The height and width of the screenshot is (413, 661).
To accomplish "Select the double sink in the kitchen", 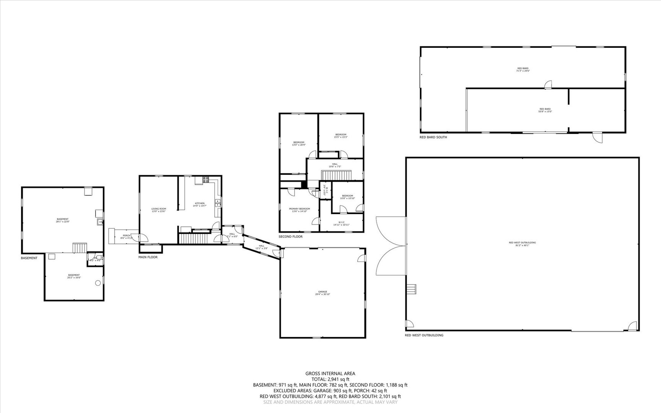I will point(218,203).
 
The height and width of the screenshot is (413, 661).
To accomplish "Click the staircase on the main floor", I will point(193,239).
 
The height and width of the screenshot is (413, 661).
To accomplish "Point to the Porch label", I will point(126,237).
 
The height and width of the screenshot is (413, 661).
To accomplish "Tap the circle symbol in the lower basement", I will point(97,283).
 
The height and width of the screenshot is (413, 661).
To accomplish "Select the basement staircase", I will point(80,247).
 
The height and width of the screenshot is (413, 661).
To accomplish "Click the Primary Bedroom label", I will point(299,210).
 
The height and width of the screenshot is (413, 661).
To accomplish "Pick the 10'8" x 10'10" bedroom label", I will point(347,197).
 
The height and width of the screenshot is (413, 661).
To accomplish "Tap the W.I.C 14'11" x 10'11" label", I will point(341,223).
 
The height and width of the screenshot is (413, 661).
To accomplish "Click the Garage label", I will point(322,293).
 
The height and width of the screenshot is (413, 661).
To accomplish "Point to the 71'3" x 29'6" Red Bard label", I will point(523,70).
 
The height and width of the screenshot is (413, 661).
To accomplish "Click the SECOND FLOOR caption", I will point(290,237).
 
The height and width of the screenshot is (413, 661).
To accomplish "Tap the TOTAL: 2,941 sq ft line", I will point(330,379).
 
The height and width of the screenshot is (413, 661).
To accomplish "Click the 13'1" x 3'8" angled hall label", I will point(261,247).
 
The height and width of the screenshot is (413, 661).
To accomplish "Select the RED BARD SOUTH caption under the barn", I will point(433,137).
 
